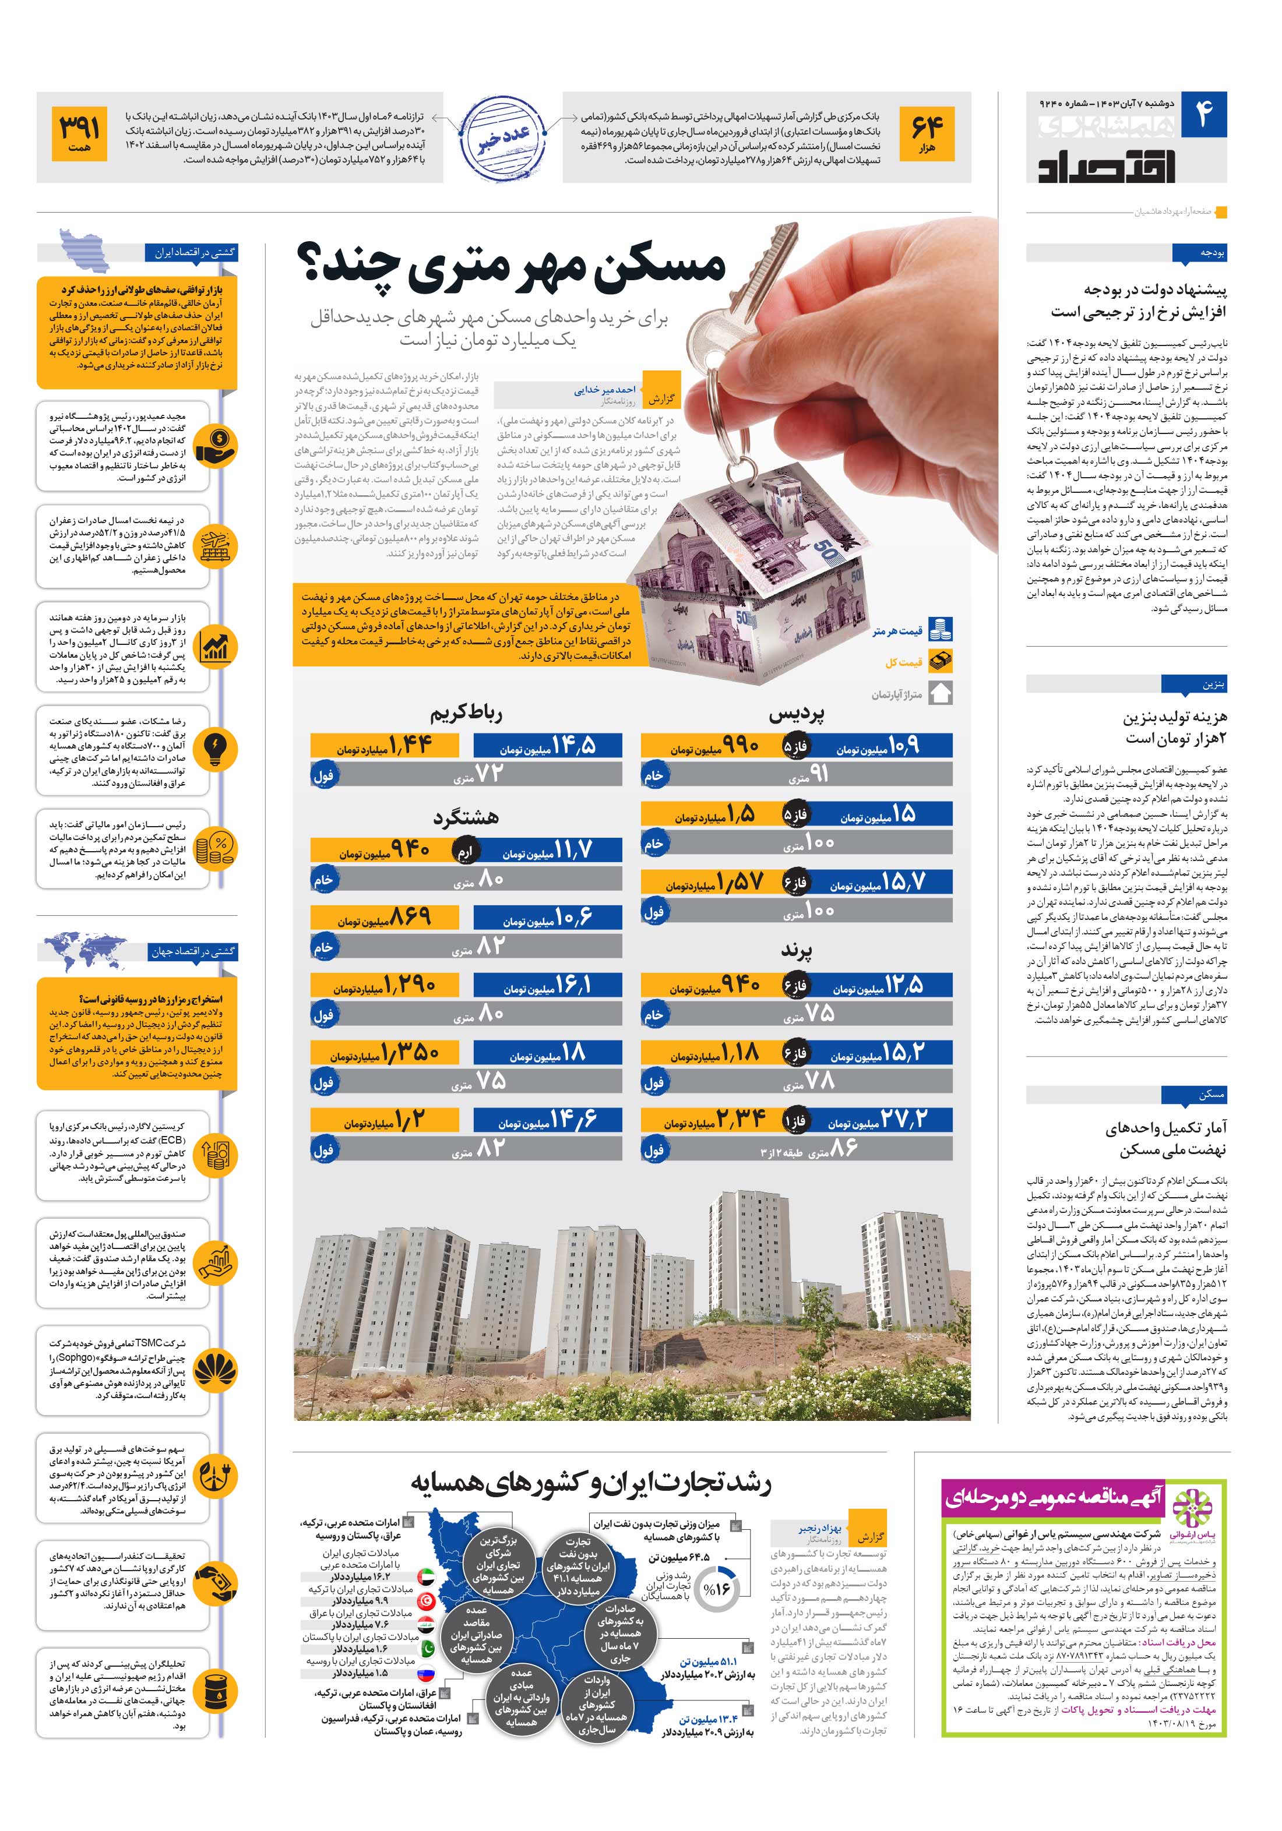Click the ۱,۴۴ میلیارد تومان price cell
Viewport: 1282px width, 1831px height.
(385, 746)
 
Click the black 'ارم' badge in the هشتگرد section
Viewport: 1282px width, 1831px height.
(465, 851)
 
